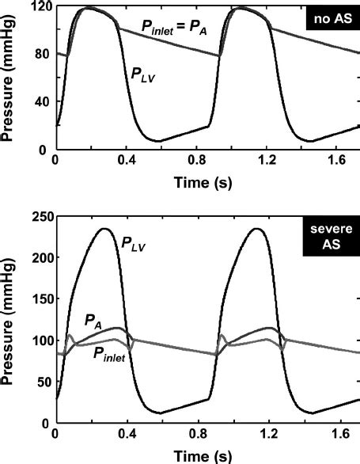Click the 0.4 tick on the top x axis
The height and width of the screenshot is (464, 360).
click(x=123, y=161)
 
